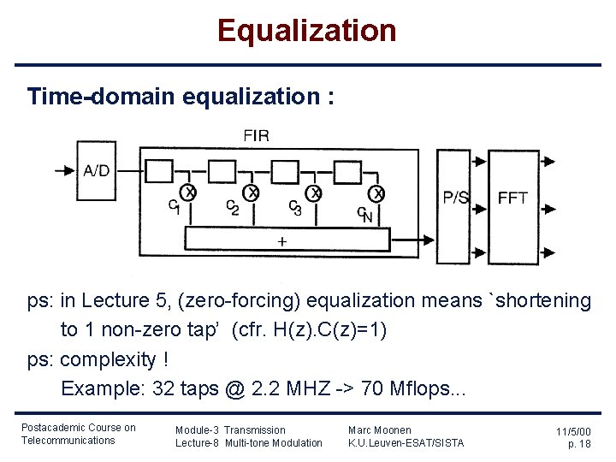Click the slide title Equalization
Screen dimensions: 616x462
pos(307,31)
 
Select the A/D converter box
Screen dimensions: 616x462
pos(96,170)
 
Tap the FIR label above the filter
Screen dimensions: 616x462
pos(256,135)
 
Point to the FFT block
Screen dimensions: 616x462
pos(513,198)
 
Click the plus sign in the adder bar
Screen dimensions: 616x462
pos(281,241)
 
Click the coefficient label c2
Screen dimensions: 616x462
pos(232,208)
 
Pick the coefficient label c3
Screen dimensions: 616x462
pos(294,208)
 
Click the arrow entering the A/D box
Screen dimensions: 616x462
pos(65,170)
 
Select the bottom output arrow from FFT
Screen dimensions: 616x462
pos(548,252)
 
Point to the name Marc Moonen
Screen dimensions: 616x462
pos(379,429)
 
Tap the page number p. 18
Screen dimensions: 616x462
pos(579,444)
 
